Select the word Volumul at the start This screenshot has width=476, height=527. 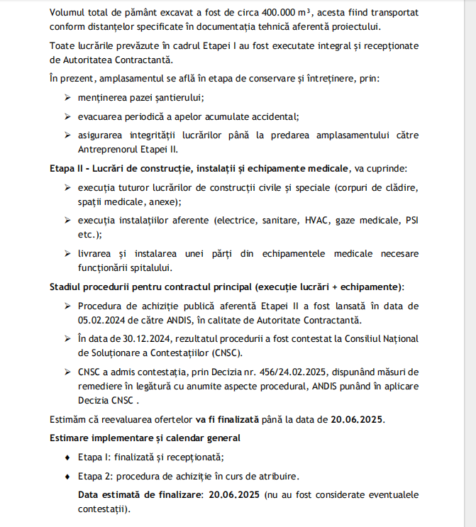click(70, 13)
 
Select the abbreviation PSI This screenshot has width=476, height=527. click(412, 221)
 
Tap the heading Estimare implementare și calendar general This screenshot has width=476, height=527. click(145, 438)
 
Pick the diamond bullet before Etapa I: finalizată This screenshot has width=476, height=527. click(67, 457)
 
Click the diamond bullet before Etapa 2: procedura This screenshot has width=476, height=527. click(67, 476)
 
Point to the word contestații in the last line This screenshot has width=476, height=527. click(101, 509)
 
